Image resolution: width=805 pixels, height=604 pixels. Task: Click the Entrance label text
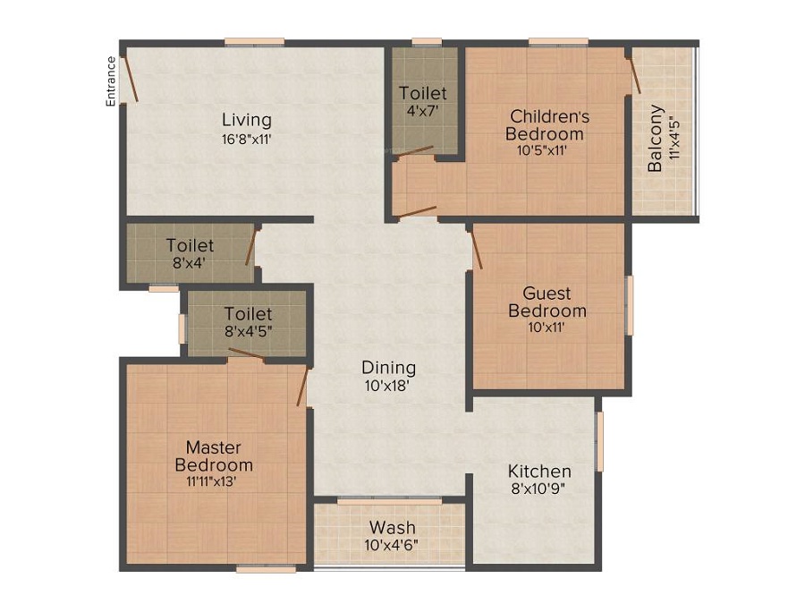[111, 81]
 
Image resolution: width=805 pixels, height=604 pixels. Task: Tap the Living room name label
[247, 120]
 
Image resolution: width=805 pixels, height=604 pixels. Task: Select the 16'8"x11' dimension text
[247, 139]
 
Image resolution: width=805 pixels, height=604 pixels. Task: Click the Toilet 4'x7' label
[423, 93]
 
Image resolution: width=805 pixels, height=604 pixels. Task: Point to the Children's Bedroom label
[548, 124]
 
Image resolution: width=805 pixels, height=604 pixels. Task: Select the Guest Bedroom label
[547, 302]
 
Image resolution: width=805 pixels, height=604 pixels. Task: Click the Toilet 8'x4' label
[190, 245]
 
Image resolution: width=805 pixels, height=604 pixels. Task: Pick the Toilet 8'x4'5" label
[248, 314]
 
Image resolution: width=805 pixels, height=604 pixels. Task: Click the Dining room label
[388, 367]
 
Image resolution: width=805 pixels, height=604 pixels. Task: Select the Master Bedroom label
[214, 455]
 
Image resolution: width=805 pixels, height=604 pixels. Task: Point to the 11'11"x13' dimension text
[214, 481]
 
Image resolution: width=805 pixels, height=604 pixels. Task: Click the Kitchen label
[539, 471]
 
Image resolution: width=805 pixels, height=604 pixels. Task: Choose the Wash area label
[391, 526]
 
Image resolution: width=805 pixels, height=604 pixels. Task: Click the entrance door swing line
[131, 79]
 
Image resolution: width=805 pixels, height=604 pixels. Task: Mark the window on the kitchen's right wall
[599, 440]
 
